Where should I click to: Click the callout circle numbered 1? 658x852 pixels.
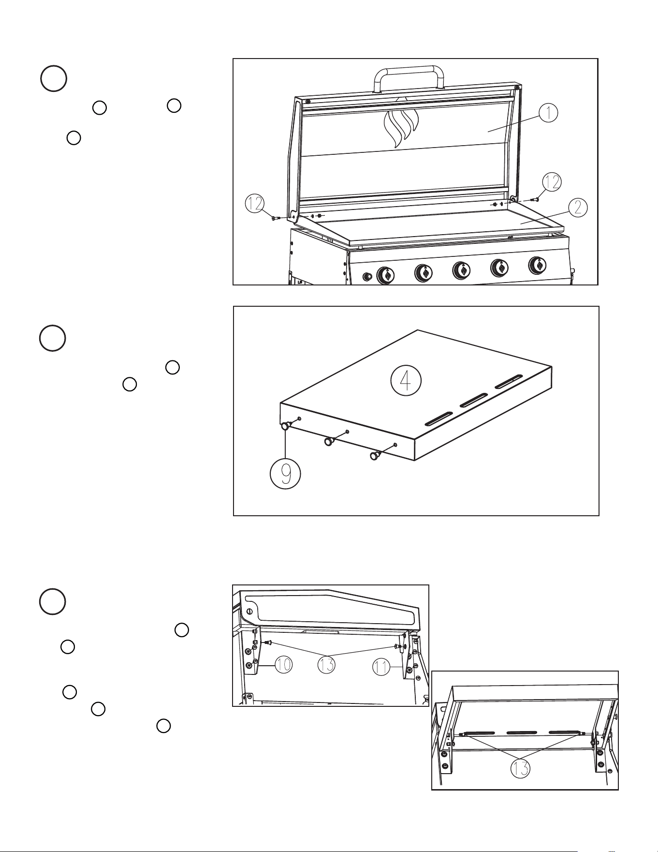pos(548,113)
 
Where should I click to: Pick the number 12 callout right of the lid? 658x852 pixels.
pos(552,181)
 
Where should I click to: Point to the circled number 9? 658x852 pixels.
pos(286,474)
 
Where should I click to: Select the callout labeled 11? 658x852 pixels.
pos(382,668)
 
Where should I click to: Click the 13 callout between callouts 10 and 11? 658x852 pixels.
pos(327,665)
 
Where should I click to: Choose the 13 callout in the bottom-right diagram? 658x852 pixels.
pos(520,768)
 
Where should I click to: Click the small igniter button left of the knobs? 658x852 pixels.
pos(367,276)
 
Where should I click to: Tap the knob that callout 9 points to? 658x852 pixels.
pos(286,425)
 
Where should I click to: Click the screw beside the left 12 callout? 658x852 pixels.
pos(275,219)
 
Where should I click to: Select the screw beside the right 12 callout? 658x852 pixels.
pos(535,199)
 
